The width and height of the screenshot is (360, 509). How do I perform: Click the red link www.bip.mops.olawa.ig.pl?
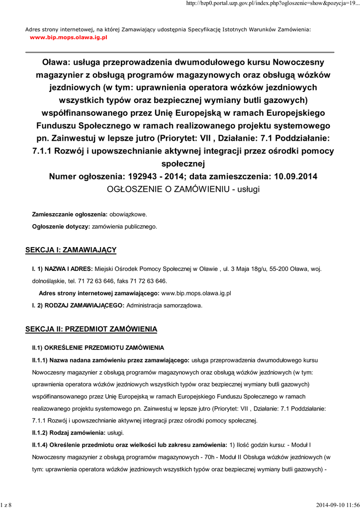tap(69, 37)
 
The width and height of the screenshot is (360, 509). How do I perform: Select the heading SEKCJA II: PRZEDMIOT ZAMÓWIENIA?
tap(91, 329)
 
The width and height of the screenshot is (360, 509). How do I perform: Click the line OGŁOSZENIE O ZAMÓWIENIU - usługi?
tap(183, 189)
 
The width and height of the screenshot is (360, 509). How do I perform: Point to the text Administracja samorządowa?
tap(165, 305)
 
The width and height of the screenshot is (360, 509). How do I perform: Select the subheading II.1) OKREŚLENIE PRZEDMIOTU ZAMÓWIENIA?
tap(97, 347)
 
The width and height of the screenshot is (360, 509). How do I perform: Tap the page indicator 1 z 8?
tap(6, 505)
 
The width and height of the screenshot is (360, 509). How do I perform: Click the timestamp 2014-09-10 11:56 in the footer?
tap(337, 505)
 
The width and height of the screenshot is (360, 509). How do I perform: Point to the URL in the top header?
tap(272, 4)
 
